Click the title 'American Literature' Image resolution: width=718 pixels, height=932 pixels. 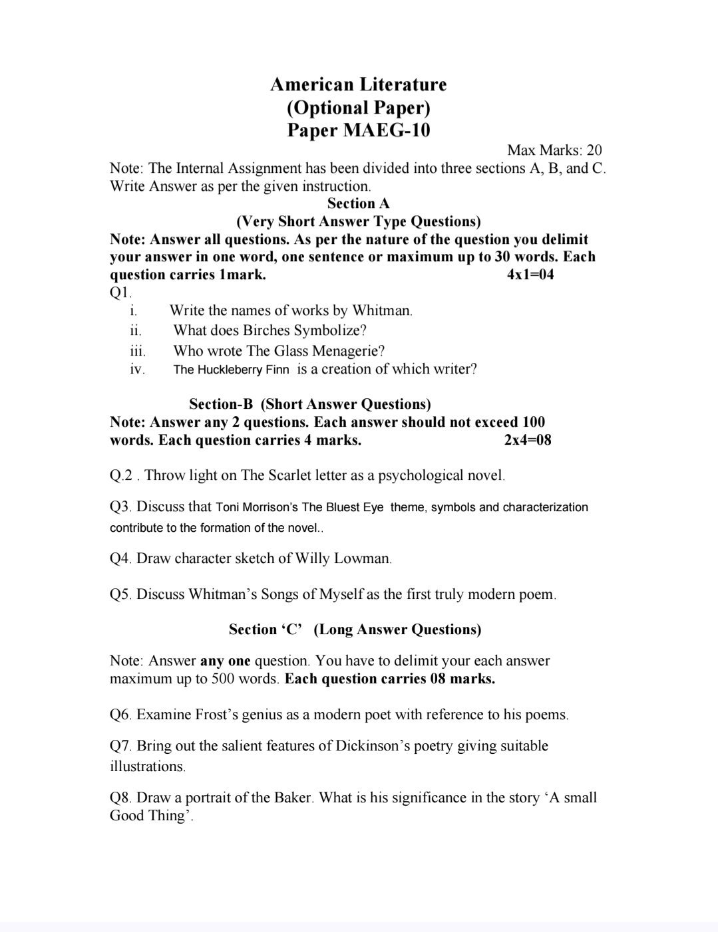click(358, 84)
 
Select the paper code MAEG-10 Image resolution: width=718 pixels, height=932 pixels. click(386, 130)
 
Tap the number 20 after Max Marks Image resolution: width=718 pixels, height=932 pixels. click(594, 150)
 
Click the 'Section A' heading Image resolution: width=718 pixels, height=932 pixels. click(358, 203)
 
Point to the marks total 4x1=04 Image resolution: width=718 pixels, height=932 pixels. click(530, 275)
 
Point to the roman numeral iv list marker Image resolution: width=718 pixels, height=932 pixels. click(137, 370)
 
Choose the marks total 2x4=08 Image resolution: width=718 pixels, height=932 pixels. click(528, 439)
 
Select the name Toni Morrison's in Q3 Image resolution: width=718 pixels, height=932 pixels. click(257, 507)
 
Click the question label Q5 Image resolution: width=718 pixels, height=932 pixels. click(120, 594)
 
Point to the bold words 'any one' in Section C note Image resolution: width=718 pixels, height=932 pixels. click(225, 661)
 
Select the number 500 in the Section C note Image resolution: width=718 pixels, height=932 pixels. click(224, 679)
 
